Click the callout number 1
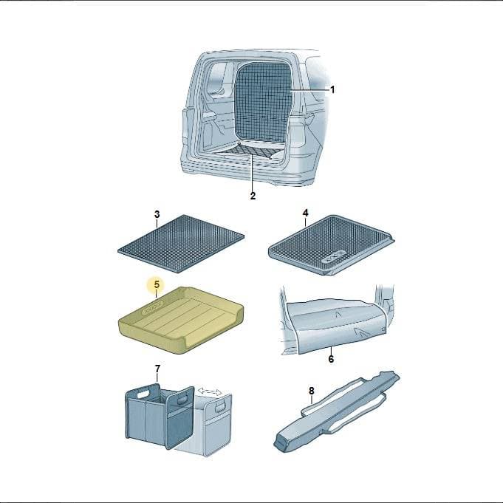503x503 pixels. coord(332,89)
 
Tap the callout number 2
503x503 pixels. coord(253,196)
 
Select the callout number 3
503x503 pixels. coord(157,214)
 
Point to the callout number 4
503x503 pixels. coord(305,213)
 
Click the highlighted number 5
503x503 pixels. coord(157,284)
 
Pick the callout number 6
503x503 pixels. coord(331,359)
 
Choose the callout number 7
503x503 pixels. coord(157,369)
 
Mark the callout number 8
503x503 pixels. coord(312,391)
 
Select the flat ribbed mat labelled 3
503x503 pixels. coord(181,244)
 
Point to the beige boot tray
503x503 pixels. coord(181,320)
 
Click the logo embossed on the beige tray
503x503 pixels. coord(153,308)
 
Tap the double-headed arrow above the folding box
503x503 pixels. coord(210,391)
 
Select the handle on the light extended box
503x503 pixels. coord(220,406)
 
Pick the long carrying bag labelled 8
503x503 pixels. coord(337,411)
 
